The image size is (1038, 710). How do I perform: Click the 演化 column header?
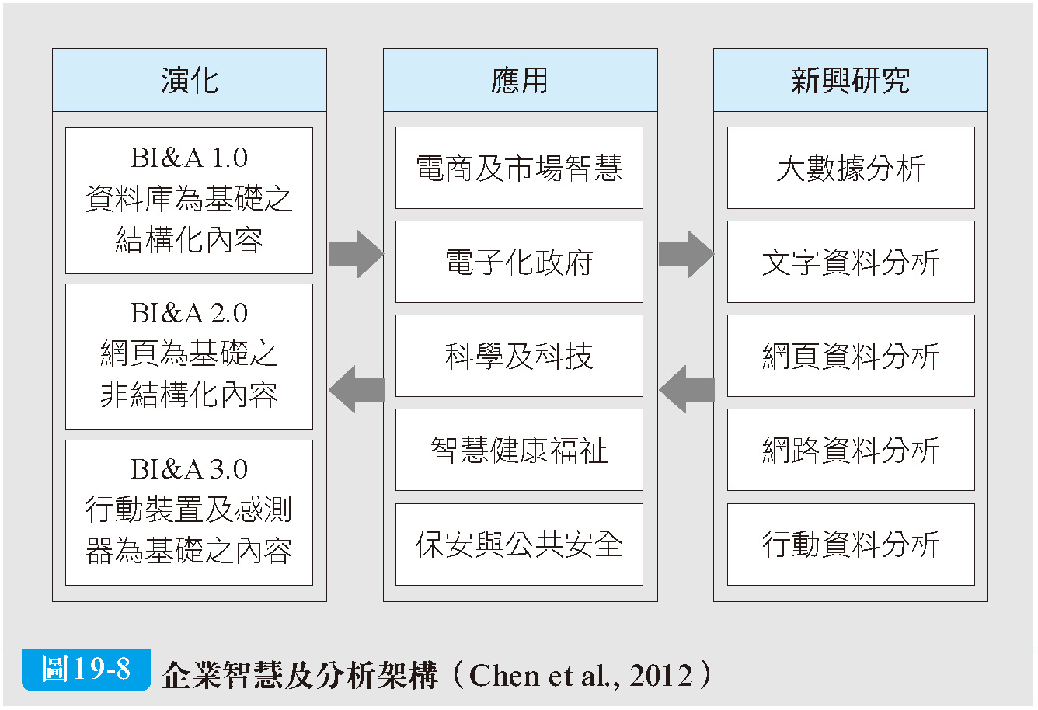(189, 80)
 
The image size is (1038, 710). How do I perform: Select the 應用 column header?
(520, 80)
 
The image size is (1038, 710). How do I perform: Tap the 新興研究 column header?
(850, 80)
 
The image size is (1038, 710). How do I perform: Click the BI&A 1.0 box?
(189, 200)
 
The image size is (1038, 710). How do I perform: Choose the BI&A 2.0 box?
(189, 357)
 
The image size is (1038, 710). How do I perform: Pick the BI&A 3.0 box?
(189, 513)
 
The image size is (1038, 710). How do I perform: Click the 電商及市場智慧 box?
(519, 168)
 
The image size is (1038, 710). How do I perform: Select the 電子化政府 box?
(519, 262)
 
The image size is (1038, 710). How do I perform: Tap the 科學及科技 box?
(519, 356)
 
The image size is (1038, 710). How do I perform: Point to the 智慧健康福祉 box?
(519, 450)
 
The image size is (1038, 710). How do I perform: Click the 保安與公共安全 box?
(519, 545)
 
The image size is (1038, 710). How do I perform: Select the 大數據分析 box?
(851, 168)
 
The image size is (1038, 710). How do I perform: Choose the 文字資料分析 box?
(851, 262)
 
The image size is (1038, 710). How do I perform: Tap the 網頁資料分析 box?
(851, 356)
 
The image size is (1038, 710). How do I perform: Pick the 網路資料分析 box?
(851, 450)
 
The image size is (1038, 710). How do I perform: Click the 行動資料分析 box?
(851, 545)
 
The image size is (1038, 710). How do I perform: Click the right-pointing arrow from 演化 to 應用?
(356, 254)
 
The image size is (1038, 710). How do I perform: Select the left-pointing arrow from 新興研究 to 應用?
(687, 389)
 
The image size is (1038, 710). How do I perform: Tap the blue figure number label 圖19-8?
(86, 669)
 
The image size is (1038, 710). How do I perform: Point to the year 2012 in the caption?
(661, 675)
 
